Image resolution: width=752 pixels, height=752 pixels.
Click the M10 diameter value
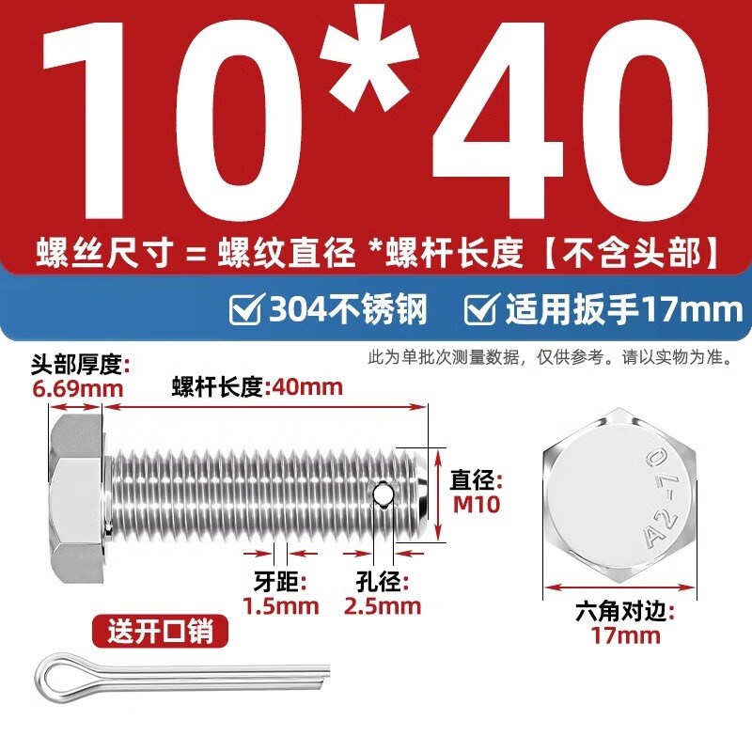tap(475, 504)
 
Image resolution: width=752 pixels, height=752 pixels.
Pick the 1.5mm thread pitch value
tap(280, 605)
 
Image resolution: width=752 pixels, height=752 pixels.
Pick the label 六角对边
tap(624, 613)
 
